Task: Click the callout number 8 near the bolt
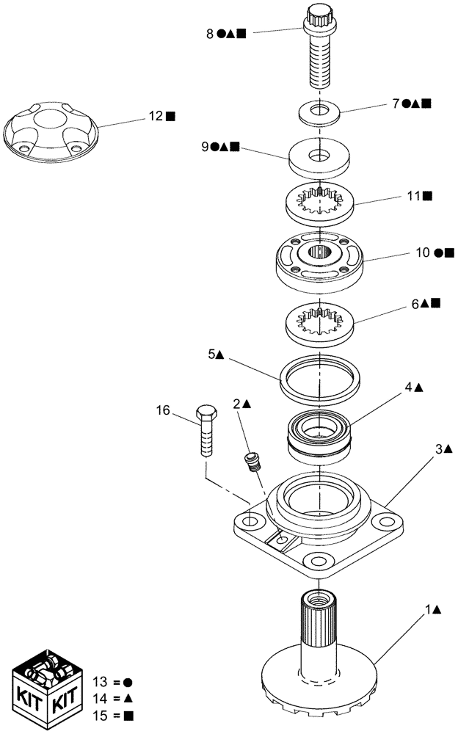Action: click(210, 33)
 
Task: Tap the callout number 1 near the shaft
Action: click(426, 609)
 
